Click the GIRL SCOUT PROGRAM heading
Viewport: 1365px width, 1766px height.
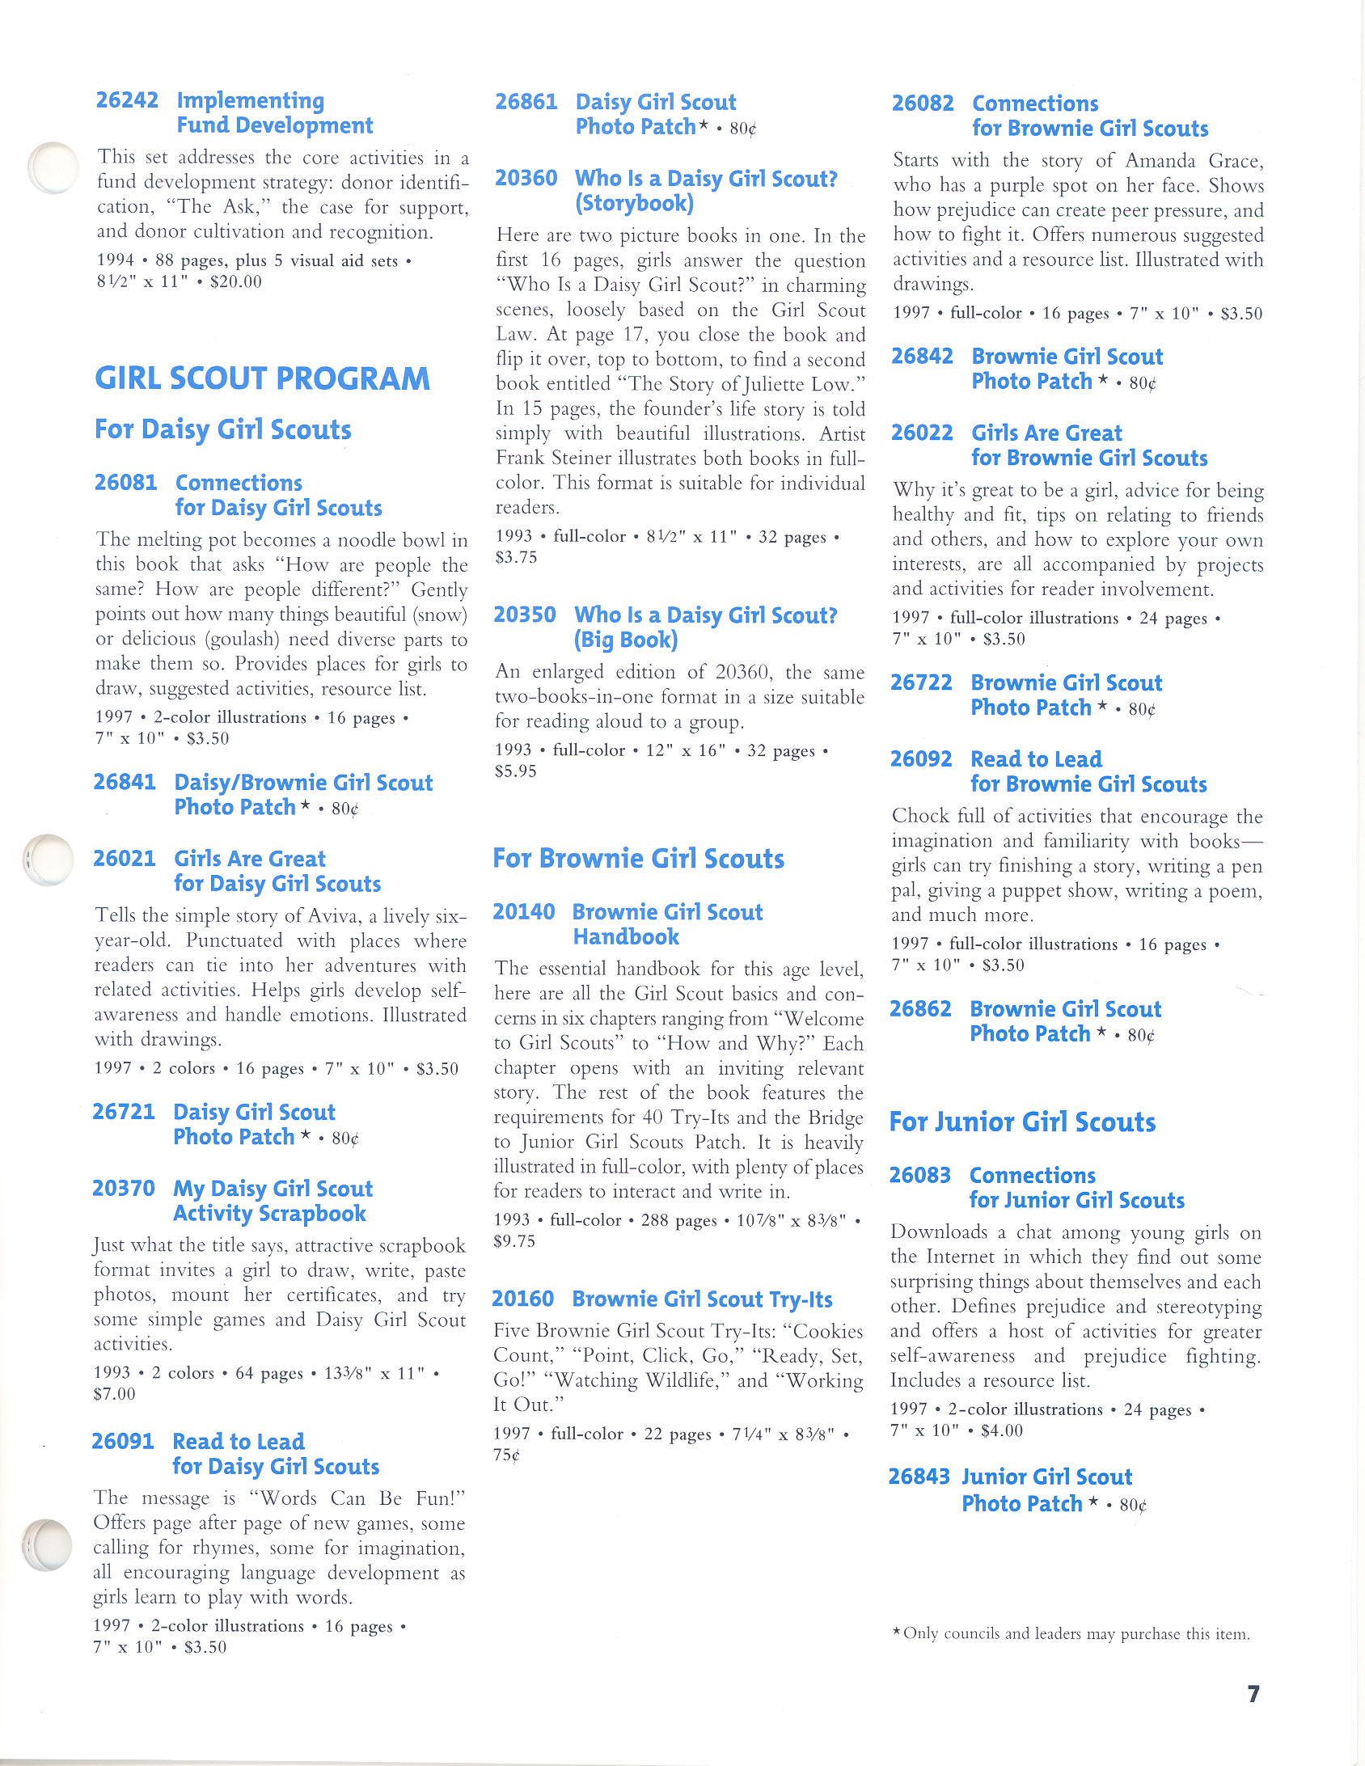pyautogui.click(x=262, y=378)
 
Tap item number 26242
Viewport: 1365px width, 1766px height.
pyautogui.click(x=127, y=100)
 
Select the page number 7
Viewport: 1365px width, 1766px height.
pyautogui.click(x=1253, y=1693)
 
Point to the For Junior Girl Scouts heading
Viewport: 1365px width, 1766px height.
pyautogui.click(x=1022, y=1122)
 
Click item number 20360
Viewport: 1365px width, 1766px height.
pyautogui.click(x=526, y=178)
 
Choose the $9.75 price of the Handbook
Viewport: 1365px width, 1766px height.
pyautogui.click(x=514, y=1241)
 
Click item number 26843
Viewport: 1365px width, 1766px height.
pyautogui.click(x=919, y=1477)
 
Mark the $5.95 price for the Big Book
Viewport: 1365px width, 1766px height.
pyautogui.click(x=516, y=771)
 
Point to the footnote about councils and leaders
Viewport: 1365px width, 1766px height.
pyautogui.click(x=1071, y=1633)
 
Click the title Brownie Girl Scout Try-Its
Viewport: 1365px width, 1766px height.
pyautogui.click(x=702, y=1299)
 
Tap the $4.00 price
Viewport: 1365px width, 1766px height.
pyautogui.click(x=1001, y=1430)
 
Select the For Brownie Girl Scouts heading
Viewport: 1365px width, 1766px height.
pyautogui.click(x=638, y=859)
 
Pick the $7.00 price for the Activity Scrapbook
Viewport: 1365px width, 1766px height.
pyautogui.click(x=115, y=1394)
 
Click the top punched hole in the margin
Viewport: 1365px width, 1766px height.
pyautogui.click(x=53, y=168)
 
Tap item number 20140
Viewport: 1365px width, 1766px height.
pyautogui.click(x=524, y=912)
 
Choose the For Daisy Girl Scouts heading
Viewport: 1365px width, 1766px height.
pyautogui.click(x=223, y=429)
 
